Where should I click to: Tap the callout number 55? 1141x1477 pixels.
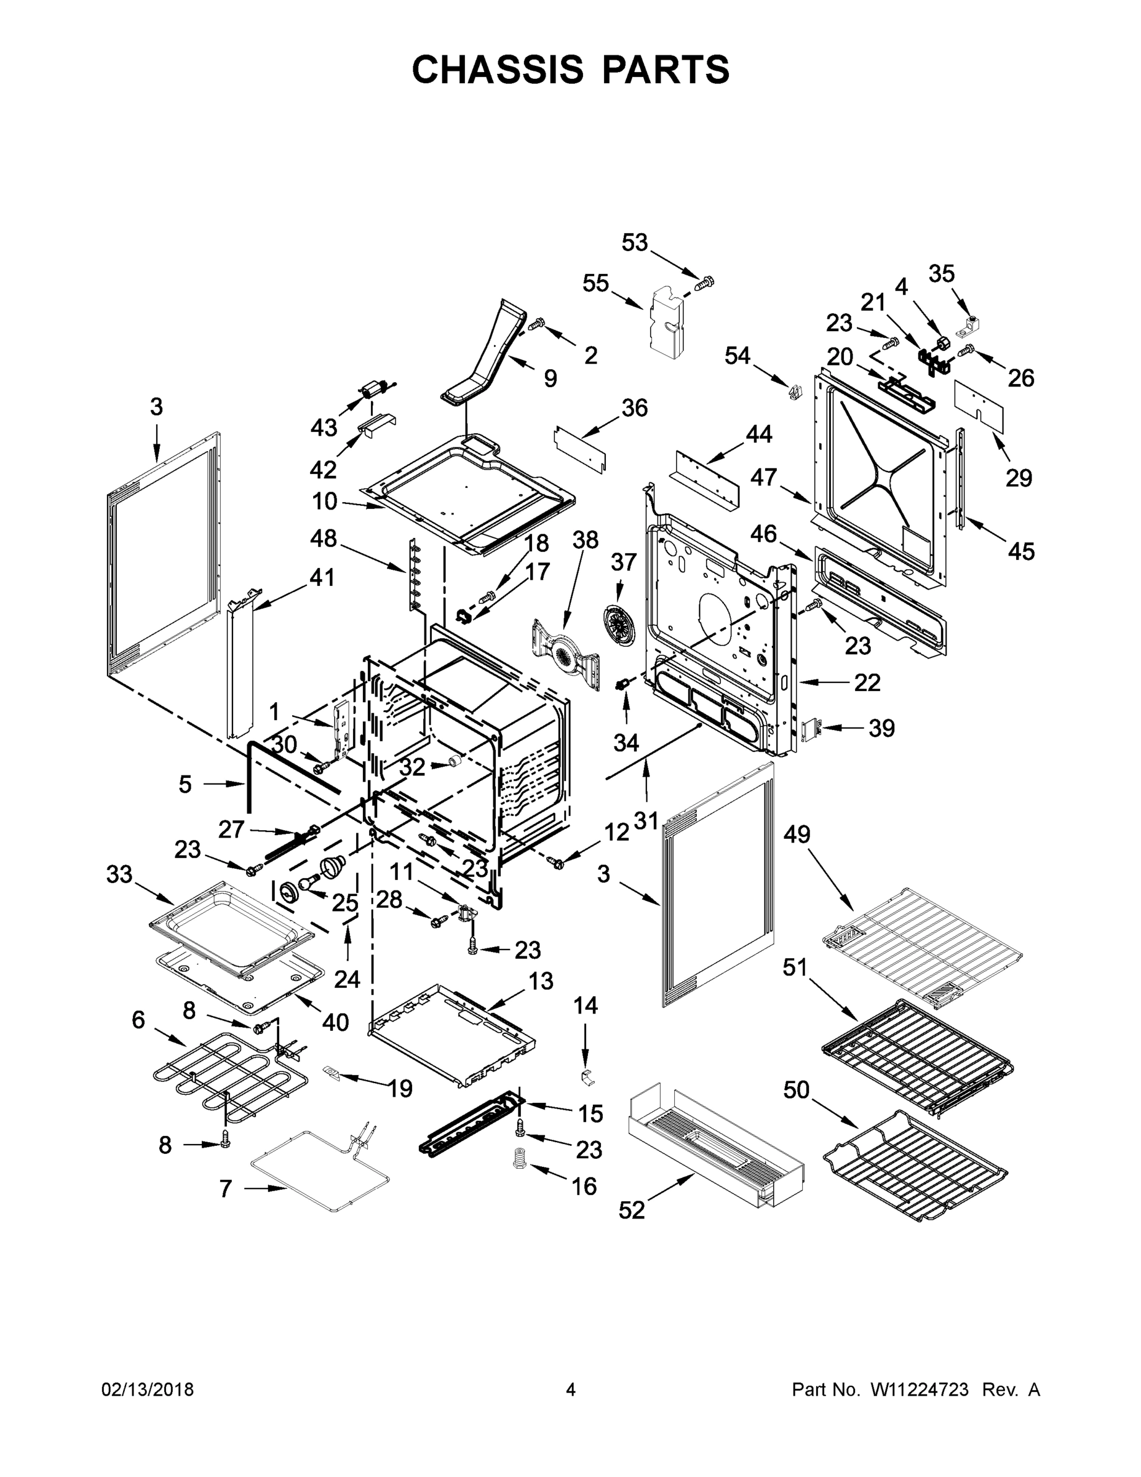click(595, 283)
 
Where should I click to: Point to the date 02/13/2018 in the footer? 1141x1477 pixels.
click(148, 1389)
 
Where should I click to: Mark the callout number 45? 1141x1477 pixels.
click(1020, 551)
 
